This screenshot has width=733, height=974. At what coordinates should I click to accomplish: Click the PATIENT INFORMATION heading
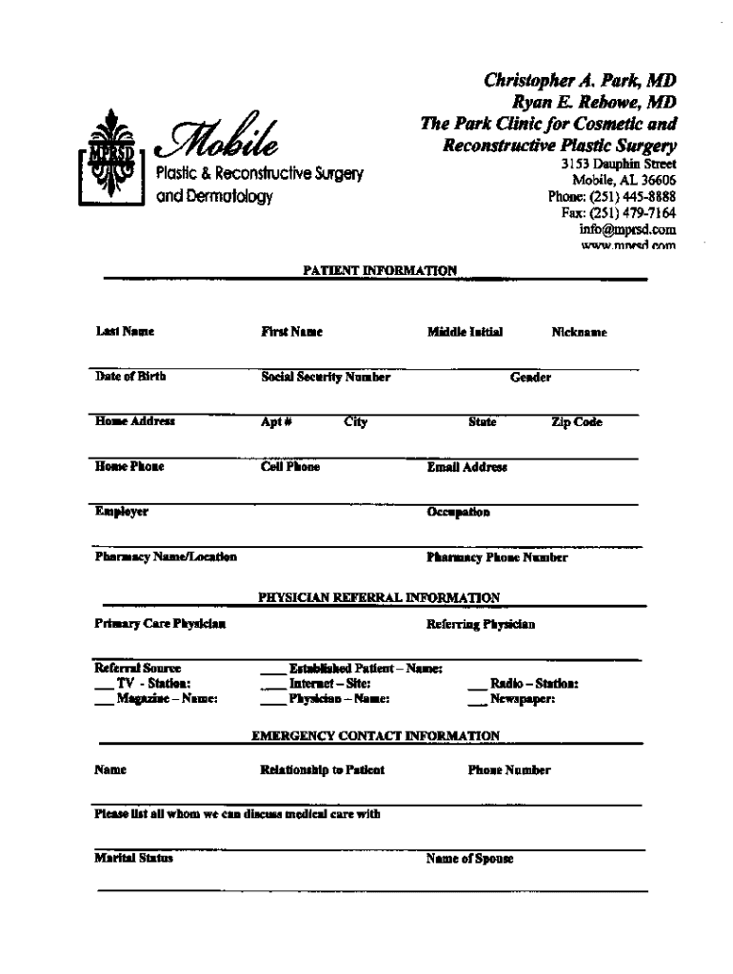[380, 270]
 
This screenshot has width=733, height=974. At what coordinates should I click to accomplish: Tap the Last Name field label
[125, 332]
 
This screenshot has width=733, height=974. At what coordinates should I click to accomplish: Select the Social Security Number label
[326, 377]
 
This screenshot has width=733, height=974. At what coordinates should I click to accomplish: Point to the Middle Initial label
[465, 332]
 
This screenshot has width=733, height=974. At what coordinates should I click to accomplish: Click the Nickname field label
[579, 333]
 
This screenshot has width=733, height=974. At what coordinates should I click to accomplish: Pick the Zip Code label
[576, 422]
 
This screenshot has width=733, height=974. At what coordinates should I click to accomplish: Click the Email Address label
[467, 467]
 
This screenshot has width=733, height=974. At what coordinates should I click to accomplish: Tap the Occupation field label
[459, 513]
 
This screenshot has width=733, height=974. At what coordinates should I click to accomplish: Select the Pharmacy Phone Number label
[497, 558]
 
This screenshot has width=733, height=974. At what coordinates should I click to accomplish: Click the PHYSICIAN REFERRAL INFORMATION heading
[379, 597]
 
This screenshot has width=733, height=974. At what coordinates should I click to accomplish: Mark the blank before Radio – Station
[477, 684]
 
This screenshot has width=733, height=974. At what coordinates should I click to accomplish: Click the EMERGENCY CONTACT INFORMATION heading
[375, 735]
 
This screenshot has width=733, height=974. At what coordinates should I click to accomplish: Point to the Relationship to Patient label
[322, 769]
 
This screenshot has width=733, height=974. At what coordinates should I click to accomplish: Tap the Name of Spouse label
[470, 858]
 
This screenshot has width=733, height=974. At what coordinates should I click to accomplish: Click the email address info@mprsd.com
[627, 229]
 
